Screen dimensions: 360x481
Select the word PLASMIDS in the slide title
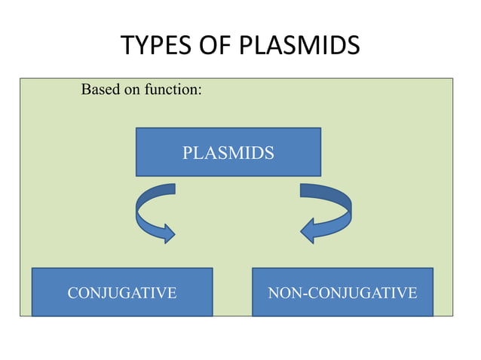pyautogui.click(x=299, y=46)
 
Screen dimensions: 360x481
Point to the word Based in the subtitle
pyautogui.click(x=99, y=91)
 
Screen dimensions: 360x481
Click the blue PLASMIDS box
pyautogui.click(x=228, y=152)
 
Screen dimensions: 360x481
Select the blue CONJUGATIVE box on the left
pyautogui.click(x=121, y=292)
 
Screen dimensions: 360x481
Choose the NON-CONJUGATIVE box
pyautogui.click(x=342, y=292)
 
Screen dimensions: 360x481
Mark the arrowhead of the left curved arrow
pyautogui.click(x=167, y=230)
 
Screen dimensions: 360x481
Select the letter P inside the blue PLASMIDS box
pyautogui.click(x=188, y=154)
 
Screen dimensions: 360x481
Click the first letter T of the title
pyautogui.click(x=127, y=46)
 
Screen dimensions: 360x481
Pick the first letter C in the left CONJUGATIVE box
pyautogui.click(x=73, y=293)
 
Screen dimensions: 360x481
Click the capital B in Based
pyautogui.click(x=85, y=91)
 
